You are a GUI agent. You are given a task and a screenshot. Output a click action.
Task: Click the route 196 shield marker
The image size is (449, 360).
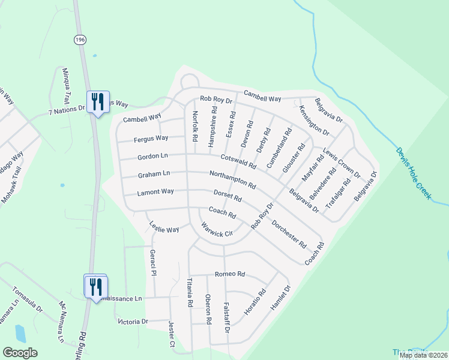(x=80, y=39)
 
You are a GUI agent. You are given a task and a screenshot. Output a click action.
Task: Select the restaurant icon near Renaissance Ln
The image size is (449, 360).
(x=95, y=287)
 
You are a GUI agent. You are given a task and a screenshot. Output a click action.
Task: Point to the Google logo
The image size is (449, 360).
(x=20, y=353)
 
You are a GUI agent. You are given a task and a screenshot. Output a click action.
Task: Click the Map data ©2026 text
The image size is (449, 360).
(x=423, y=355)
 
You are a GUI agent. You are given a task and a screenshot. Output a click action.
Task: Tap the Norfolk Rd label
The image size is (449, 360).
(x=194, y=126)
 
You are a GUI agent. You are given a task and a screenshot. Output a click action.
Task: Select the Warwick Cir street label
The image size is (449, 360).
(x=216, y=230)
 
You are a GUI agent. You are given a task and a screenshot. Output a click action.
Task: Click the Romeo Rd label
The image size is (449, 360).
(x=230, y=274)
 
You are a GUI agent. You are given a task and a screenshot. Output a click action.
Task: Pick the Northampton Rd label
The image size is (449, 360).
(x=233, y=178)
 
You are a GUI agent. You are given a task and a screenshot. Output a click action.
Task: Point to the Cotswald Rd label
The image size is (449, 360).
(x=238, y=161)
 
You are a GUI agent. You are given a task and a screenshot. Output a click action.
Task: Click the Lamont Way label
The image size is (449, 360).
(x=155, y=192)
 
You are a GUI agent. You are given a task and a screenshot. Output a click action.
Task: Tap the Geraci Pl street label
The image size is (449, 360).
(x=153, y=263)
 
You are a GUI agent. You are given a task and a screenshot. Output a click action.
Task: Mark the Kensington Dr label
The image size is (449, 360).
(x=314, y=121)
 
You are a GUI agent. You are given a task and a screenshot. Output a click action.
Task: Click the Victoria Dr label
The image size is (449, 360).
(x=133, y=322)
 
